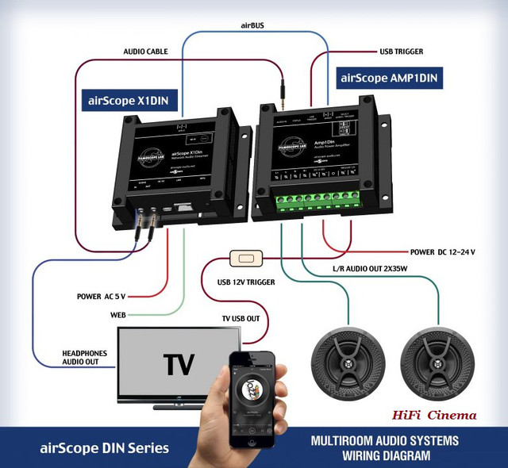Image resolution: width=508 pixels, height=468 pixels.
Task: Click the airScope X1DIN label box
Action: (x=130, y=101)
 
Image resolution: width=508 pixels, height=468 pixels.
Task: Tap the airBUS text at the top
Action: (x=252, y=25)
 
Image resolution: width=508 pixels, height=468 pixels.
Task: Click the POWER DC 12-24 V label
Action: (x=453, y=251)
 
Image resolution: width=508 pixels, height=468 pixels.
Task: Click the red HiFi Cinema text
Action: (x=433, y=415)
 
